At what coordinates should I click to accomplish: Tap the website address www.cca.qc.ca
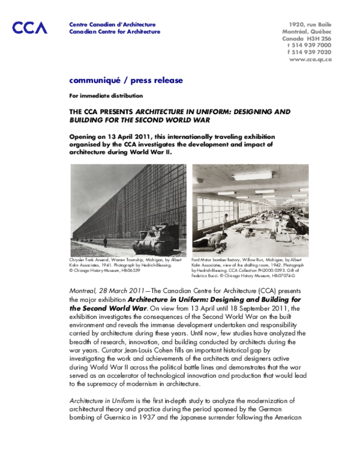tap(310, 59)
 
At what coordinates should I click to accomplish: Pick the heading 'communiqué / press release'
tap(126, 80)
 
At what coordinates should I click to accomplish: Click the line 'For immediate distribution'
tap(106, 95)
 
